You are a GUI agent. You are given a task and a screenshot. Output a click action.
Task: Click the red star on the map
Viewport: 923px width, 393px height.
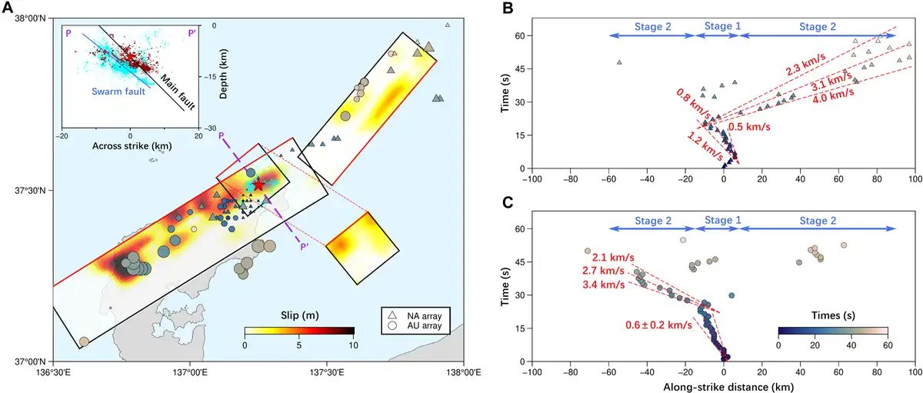[x=258, y=185]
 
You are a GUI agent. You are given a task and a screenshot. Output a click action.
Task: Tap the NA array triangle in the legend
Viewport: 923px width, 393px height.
[x=392, y=315]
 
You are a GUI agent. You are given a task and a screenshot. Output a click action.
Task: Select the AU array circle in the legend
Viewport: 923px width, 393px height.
[x=392, y=327]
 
